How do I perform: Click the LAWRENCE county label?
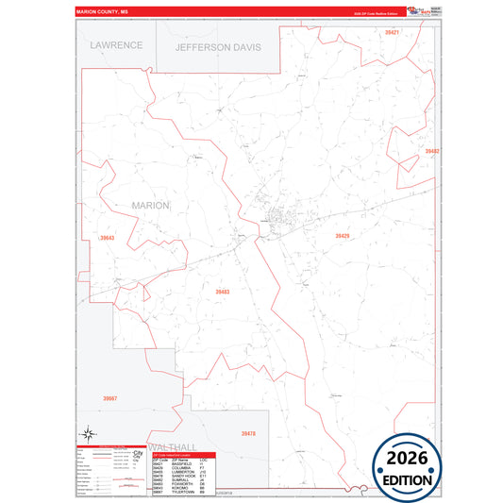point(116,44)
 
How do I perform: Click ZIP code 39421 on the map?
point(392,33)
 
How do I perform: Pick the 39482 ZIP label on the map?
point(431,151)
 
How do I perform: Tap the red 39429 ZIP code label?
point(342,236)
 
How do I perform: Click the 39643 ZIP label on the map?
point(107,238)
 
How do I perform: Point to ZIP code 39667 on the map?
point(110,399)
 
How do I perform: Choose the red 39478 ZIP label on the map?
point(248,433)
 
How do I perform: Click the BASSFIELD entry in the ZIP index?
point(185,464)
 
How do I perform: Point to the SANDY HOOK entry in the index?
point(185,476)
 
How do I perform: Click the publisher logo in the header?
point(418,12)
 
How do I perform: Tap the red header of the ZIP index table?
point(185,454)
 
